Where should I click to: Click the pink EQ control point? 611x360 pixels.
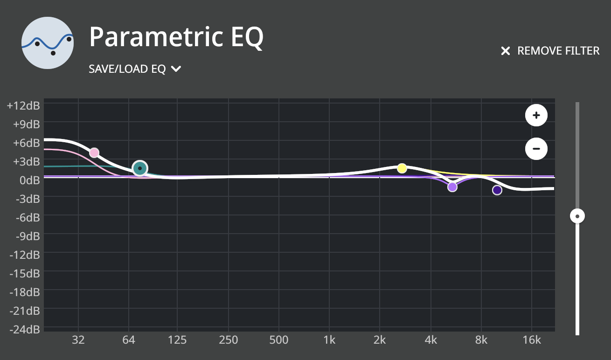point(94,152)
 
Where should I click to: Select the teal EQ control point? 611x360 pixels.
point(139,168)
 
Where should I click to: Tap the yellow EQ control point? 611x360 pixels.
point(402,168)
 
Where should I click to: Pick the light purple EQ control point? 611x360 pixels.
point(452,187)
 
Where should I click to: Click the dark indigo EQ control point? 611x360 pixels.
point(497,190)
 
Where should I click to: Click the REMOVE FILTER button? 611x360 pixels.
point(550,51)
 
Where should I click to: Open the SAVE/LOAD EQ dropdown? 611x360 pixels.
point(135,69)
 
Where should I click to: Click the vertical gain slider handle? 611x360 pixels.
point(577,216)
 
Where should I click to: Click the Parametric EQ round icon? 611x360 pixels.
point(48,42)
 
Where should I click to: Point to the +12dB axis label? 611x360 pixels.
point(23,105)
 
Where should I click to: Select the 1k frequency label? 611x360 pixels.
point(329,340)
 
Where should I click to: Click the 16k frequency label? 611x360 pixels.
point(532,340)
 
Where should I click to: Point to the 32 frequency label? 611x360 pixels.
point(78,340)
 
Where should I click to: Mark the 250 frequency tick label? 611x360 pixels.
point(228,340)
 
